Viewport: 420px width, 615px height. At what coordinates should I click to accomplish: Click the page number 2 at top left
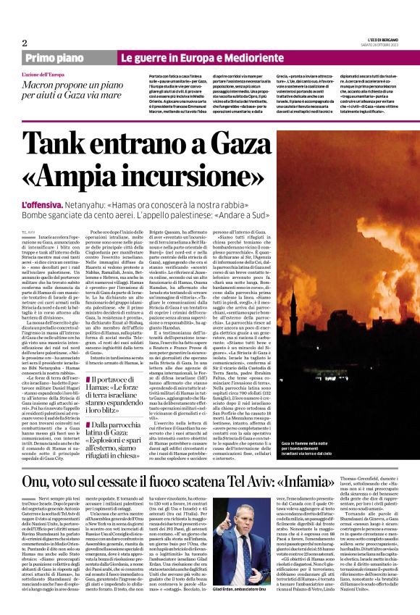pos(25,43)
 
